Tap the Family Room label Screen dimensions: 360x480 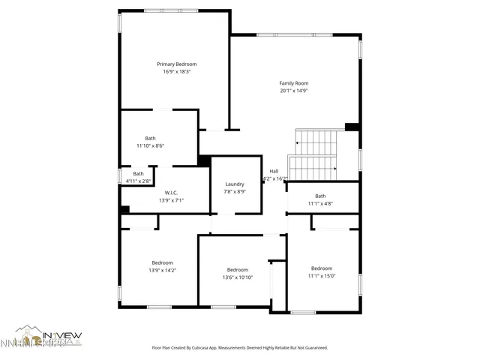[294, 83]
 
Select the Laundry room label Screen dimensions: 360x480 [235, 184]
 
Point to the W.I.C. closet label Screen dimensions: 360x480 [171, 192]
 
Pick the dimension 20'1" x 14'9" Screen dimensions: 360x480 [294, 91]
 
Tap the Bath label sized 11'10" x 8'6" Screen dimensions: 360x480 [150, 138]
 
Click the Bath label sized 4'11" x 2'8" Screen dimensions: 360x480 [138, 173]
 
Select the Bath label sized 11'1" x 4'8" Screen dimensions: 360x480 [320, 196]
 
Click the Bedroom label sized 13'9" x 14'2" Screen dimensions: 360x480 [163, 262]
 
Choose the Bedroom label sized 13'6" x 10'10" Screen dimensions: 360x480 [238, 270]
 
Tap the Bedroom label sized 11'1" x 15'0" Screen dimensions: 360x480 [322, 268]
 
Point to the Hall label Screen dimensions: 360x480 [274, 171]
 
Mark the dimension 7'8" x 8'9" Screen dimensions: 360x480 [235, 192]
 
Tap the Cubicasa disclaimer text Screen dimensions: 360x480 [240, 348]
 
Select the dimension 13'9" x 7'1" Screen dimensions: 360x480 [171, 200]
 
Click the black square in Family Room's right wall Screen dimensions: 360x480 [351, 127]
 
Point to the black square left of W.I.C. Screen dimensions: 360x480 [124, 210]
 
